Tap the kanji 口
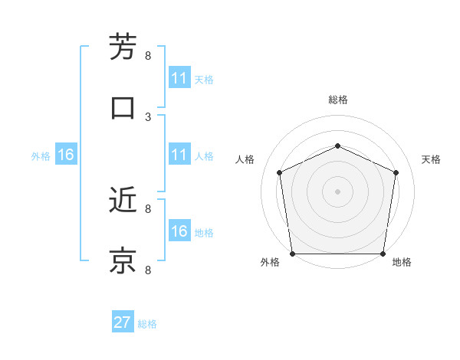[x=123, y=108]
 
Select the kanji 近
[x=123, y=201]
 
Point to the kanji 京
[x=123, y=261]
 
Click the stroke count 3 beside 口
[x=148, y=116]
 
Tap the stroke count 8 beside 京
[x=148, y=270]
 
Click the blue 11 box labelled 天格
[x=179, y=78]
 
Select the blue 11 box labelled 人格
[x=179, y=155]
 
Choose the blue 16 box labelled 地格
[x=179, y=231]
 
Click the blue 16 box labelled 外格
[x=66, y=155]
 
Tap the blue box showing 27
[x=123, y=322]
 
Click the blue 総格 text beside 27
[x=147, y=323]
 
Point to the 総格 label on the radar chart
[x=337, y=100]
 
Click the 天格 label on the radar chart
[x=431, y=159]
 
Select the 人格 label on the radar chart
[x=245, y=159]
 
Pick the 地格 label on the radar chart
[x=402, y=262]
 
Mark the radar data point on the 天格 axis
[x=396, y=172]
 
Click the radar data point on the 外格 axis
[x=293, y=254]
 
